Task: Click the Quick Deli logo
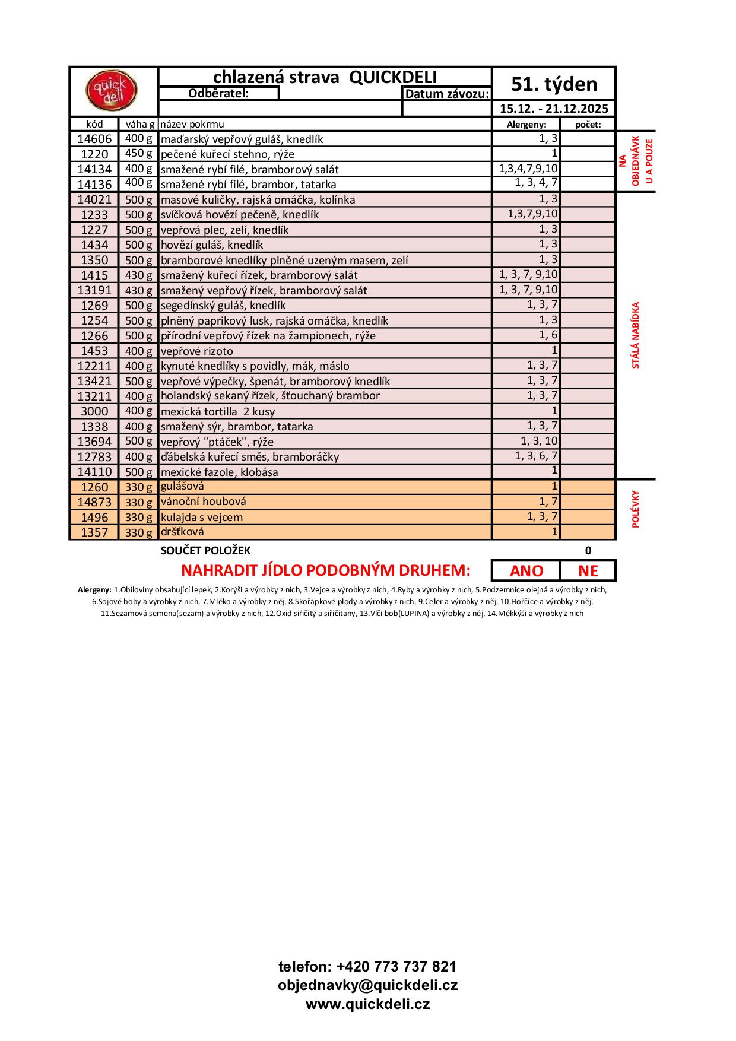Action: (x=112, y=91)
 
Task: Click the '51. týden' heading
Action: (x=554, y=84)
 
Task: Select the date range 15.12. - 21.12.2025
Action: (x=554, y=109)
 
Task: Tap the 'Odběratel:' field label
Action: (x=218, y=93)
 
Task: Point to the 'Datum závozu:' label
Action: (x=447, y=94)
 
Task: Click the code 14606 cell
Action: (x=94, y=139)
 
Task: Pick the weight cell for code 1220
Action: (x=139, y=154)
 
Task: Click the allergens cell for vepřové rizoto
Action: (x=526, y=350)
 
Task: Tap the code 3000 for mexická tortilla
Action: (x=94, y=411)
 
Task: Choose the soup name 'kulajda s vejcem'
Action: (x=202, y=517)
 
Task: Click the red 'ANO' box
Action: (x=526, y=571)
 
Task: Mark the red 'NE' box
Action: (x=588, y=571)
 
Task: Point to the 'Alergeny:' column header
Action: (x=525, y=125)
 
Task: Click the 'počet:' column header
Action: (x=588, y=125)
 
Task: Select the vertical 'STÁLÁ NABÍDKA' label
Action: (x=636, y=335)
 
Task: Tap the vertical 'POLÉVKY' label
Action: (x=636, y=509)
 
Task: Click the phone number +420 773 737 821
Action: (x=367, y=966)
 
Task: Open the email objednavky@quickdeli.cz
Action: (x=367, y=985)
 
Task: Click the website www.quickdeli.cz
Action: (x=367, y=1004)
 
